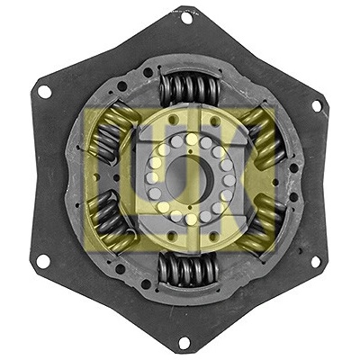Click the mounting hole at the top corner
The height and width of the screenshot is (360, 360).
[x=186, y=18]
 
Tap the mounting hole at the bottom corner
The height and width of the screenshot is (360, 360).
[x=184, y=343]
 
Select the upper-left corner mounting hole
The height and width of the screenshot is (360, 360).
[x=44, y=92]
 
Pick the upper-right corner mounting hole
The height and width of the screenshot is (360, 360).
[x=317, y=106]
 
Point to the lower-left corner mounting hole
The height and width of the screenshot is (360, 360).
[x=43, y=262]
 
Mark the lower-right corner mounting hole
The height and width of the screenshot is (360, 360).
[x=316, y=262]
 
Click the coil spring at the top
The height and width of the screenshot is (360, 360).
[x=189, y=88]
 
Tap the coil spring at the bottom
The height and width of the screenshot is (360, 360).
[x=188, y=269]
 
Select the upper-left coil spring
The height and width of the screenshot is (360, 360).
[x=112, y=131]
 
